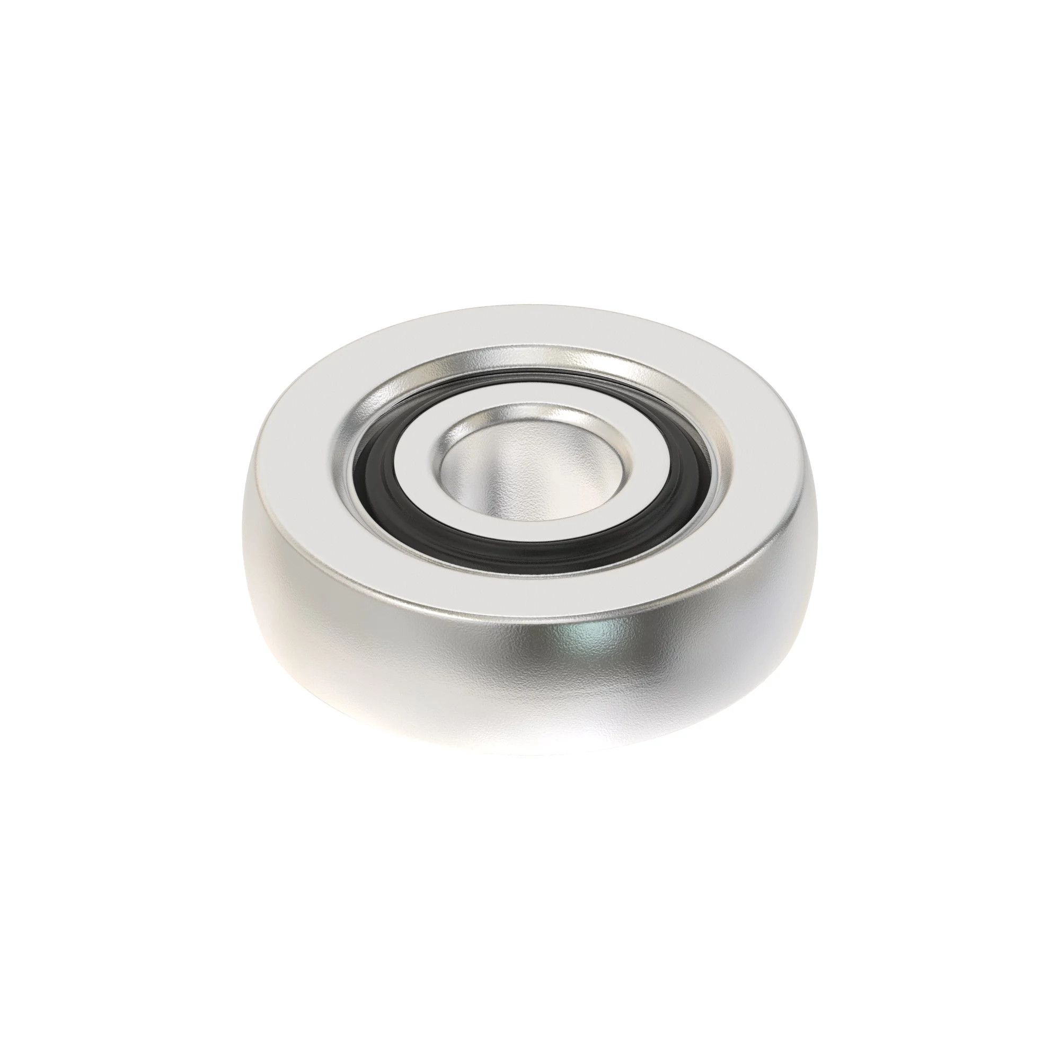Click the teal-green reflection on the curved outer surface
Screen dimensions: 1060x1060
[587, 639]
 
